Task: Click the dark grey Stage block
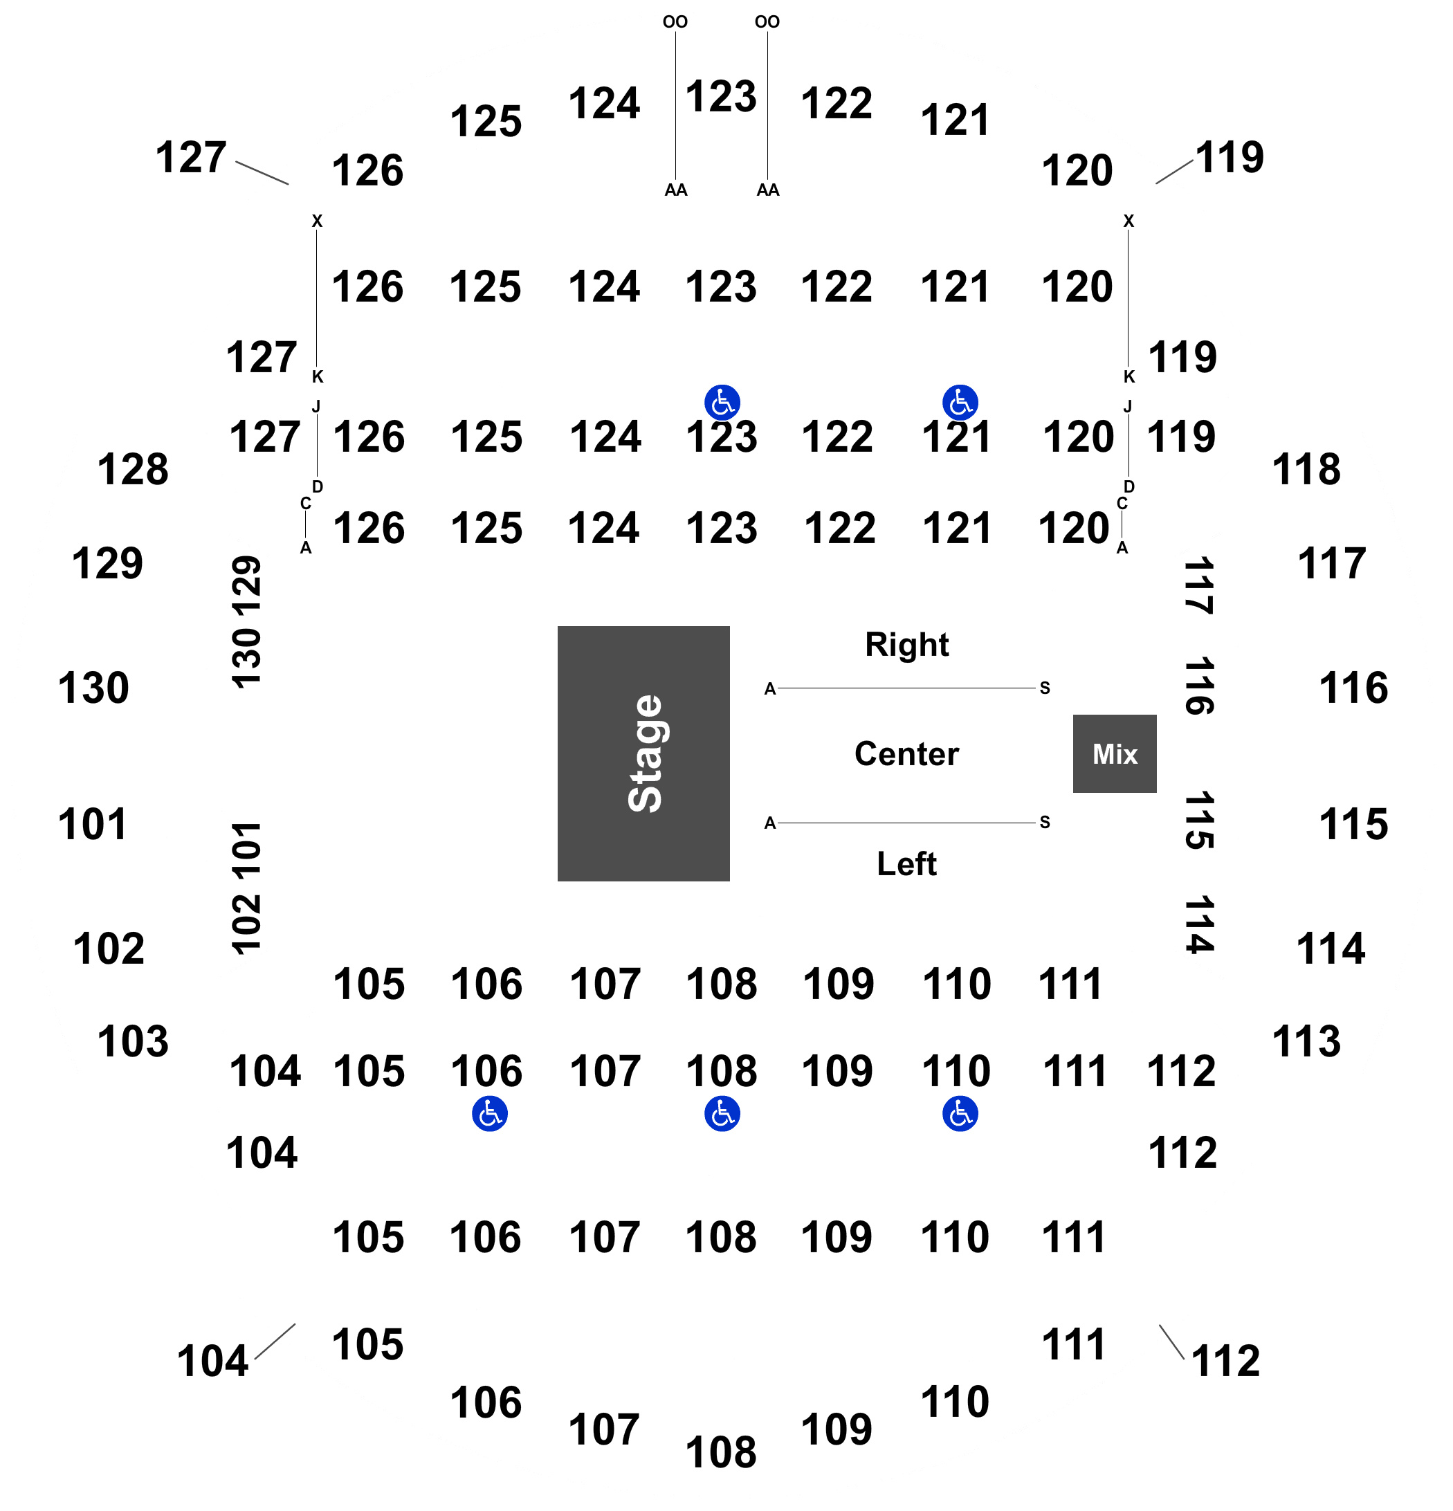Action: [x=643, y=753]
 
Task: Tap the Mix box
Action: [x=1115, y=753]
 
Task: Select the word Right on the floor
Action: [x=906, y=645]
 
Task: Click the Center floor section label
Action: [x=906, y=753]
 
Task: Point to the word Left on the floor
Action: [x=906, y=863]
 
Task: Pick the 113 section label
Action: [x=1306, y=1041]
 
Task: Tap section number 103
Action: [x=133, y=1041]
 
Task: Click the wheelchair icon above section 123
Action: [x=722, y=403]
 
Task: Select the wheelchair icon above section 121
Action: [x=960, y=403]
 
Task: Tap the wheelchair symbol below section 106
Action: [x=489, y=1114]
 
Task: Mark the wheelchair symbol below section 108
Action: [x=722, y=1114]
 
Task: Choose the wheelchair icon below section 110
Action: [x=960, y=1114]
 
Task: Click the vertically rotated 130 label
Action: [x=246, y=657]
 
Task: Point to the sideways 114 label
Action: [x=1199, y=924]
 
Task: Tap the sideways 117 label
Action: [x=1199, y=585]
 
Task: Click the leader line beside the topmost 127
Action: [x=262, y=174]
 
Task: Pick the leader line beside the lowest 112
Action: [x=1171, y=1341]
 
